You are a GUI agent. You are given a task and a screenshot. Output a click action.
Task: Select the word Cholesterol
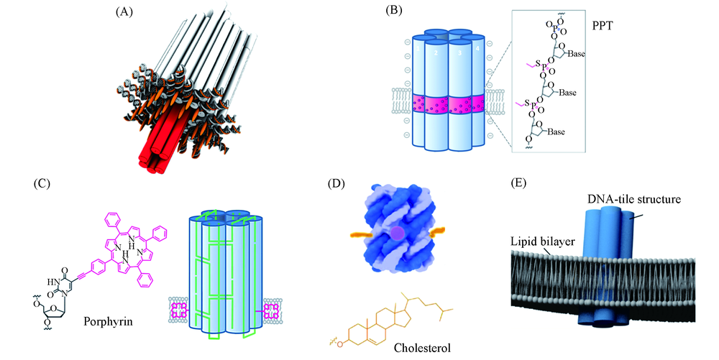423,349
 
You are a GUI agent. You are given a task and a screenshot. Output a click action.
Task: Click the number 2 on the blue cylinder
434,52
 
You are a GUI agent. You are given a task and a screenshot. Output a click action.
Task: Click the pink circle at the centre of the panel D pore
397,233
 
